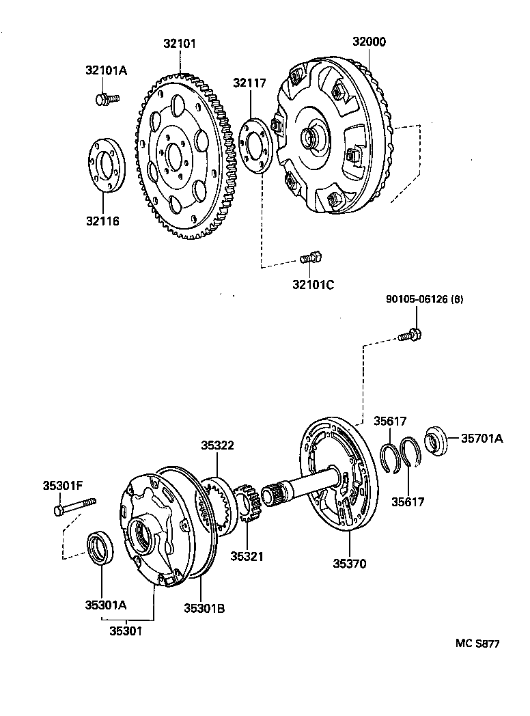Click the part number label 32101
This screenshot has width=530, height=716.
pyautogui.click(x=180, y=44)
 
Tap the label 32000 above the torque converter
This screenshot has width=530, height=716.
pyautogui.click(x=369, y=42)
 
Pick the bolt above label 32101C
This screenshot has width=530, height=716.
pyautogui.click(x=311, y=258)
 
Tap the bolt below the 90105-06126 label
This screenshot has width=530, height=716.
pyautogui.click(x=410, y=335)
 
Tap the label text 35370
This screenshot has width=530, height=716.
pyautogui.click(x=350, y=564)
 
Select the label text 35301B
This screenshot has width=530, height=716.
pyautogui.click(x=204, y=605)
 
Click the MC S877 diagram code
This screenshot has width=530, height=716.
pyautogui.click(x=478, y=644)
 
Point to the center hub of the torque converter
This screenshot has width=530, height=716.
pyautogui.click(x=313, y=138)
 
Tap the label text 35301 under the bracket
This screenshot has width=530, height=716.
pyautogui.click(x=126, y=631)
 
